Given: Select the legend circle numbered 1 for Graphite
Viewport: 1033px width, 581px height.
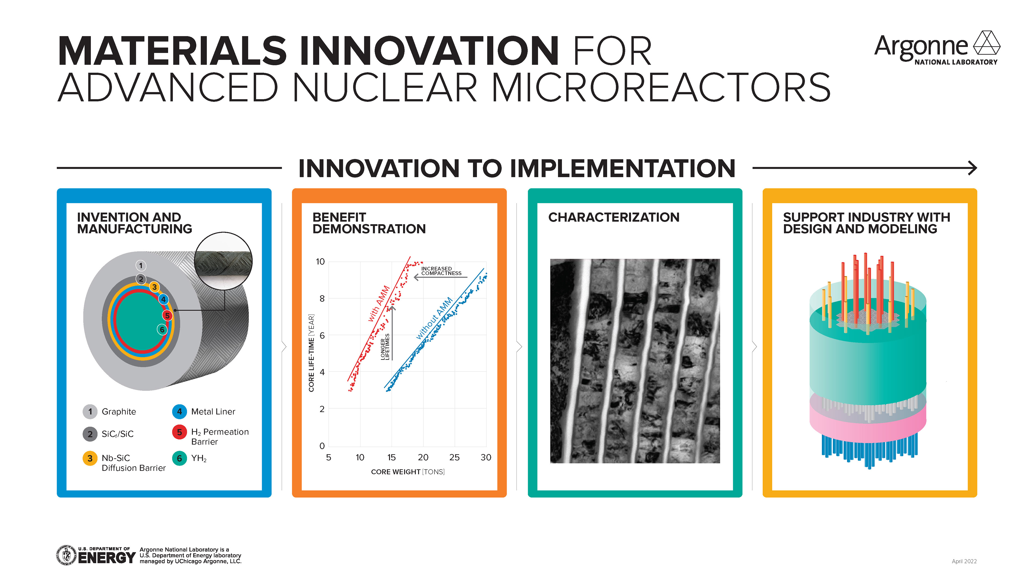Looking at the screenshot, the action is [x=90, y=411].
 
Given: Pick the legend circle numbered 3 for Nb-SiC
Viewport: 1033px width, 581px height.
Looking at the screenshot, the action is [x=90, y=458].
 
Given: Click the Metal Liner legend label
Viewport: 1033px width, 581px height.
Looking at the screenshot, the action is [x=213, y=411].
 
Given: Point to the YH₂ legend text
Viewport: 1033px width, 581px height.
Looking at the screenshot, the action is [x=199, y=458].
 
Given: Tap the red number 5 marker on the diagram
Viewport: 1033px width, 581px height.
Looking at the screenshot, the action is [x=167, y=316].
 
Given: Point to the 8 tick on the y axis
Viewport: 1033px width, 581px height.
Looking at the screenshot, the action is [x=322, y=298].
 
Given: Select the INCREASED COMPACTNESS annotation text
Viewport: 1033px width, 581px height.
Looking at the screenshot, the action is [x=441, y=271].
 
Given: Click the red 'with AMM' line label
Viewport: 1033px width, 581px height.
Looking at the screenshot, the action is [x=379, y=303].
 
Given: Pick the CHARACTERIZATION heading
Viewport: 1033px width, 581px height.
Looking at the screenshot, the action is [x=614, y=217].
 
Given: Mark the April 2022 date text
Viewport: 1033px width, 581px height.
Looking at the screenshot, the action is [x=964, y=561].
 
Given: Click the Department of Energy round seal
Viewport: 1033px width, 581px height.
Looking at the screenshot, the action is [x=66, y=555].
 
